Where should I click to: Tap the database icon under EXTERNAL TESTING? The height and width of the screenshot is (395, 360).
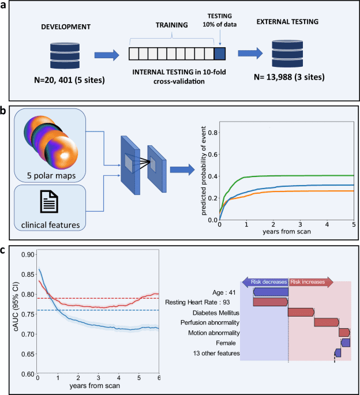(288, 54)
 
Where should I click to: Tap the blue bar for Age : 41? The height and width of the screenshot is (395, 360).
(271, 292)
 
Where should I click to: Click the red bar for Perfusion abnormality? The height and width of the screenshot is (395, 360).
(327, 322)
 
